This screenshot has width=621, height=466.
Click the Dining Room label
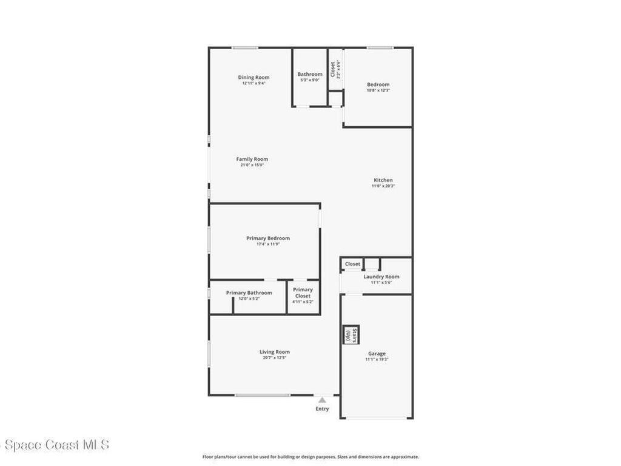(253, 77)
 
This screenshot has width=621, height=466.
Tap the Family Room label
(252, 159)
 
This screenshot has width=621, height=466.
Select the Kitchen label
(383, 180)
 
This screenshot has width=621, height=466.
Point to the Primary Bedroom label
(268, 238)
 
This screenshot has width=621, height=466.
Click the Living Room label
(275, 351)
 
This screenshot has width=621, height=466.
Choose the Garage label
(377, 353)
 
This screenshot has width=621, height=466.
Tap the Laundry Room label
(381, 277)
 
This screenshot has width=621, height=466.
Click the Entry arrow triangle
(322, 400)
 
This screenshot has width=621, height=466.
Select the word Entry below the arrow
(322, 408)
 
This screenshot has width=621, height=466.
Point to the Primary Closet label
(303, 292)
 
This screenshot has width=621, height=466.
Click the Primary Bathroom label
(249, 292)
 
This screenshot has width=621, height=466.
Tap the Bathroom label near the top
(310, 74)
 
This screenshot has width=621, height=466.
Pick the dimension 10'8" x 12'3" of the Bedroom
(378, 90)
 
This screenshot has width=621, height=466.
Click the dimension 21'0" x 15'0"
(252, 165)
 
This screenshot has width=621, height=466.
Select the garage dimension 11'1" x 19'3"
(377, 359)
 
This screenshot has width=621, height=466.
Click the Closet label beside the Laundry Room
(352, 264)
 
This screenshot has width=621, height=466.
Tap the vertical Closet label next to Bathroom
(332, 69)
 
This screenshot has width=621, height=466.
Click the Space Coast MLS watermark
(55, 445)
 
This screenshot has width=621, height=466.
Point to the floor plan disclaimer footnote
(310, 457)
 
